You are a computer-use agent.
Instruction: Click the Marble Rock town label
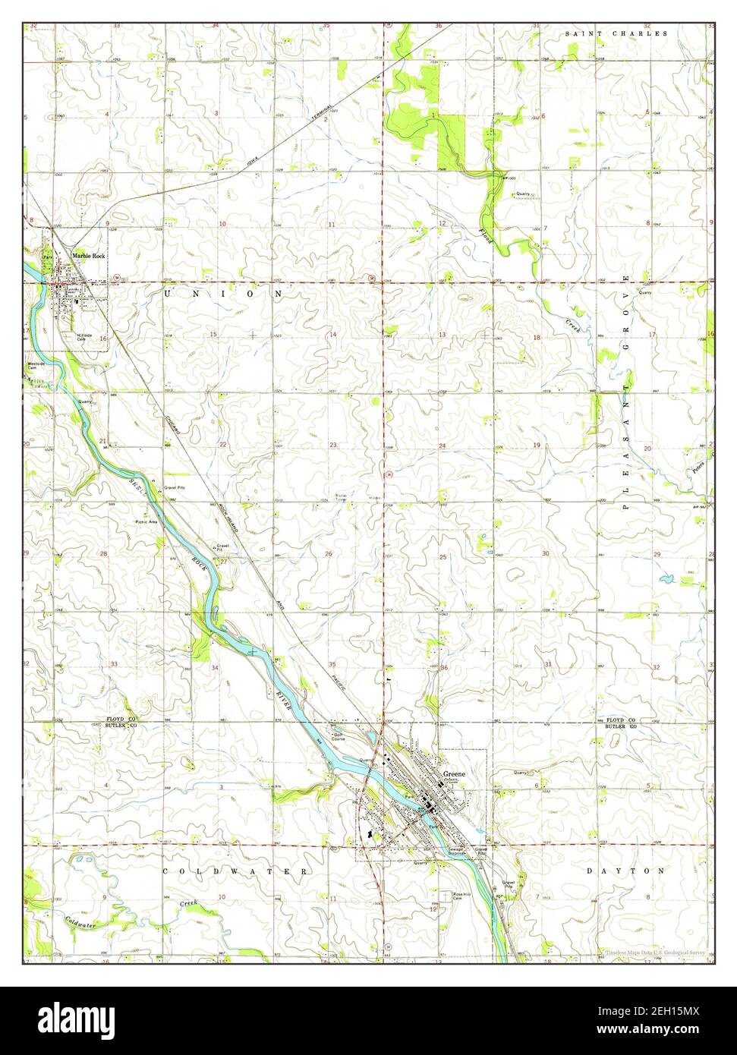(88, 256)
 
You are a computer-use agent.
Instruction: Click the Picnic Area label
(146, 521)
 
